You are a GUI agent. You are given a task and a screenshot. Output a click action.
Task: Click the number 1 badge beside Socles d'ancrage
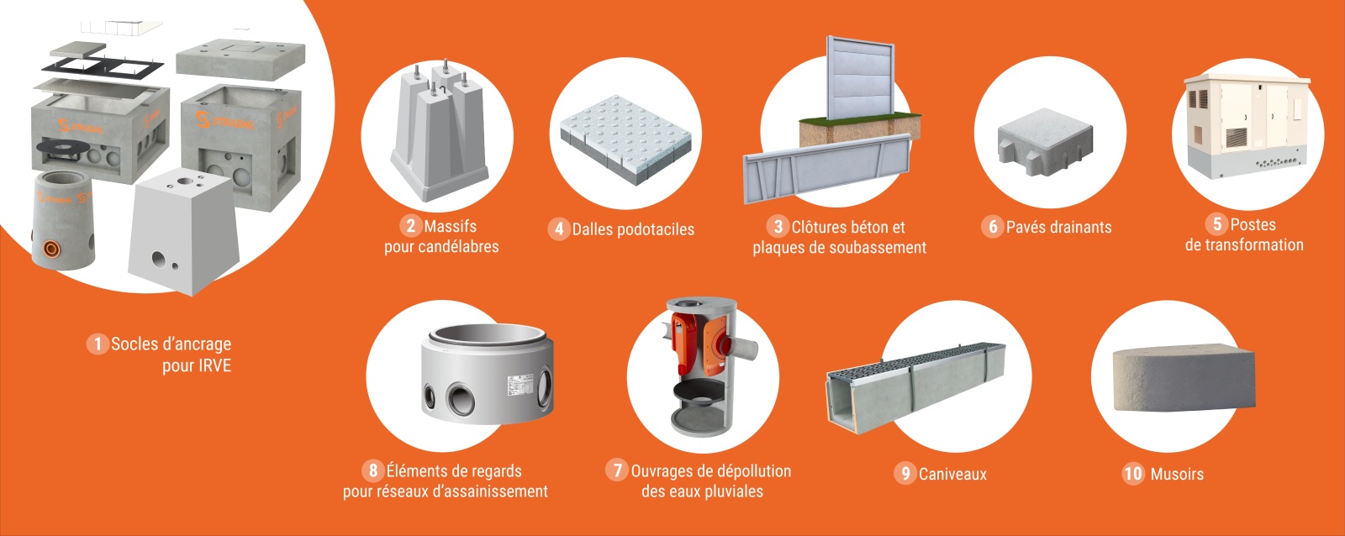[x=98, y=344]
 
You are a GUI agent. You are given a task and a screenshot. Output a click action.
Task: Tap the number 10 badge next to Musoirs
[x=1133, y=474]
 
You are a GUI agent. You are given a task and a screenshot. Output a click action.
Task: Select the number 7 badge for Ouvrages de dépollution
[x=617, y=470]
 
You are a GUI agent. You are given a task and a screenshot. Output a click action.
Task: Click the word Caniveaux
[x=952, y=474]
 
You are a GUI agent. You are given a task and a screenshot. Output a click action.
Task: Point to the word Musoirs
[x=1177, y=474]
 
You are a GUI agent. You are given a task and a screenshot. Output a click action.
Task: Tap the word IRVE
[x=214, y=365]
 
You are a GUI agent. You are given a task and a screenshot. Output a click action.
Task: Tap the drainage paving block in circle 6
[x=1046, y=142]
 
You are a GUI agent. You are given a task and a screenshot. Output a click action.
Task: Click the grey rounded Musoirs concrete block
[x=1184, y=378]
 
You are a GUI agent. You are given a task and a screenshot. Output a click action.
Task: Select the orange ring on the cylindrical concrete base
[x=52, y=249]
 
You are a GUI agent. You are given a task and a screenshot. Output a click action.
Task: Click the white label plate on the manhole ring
[x=520, y=385]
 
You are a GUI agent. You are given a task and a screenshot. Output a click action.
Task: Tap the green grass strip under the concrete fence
[x=860, y=118]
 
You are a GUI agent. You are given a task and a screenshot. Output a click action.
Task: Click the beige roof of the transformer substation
[x=1247, y=79]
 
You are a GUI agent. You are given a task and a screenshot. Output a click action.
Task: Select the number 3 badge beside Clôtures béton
[x=778, y=226]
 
